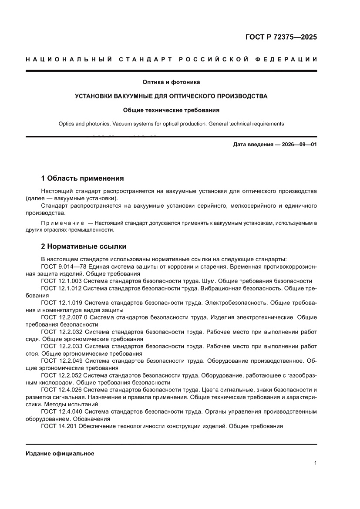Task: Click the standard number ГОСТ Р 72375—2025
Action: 280,37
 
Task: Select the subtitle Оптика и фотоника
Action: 171,81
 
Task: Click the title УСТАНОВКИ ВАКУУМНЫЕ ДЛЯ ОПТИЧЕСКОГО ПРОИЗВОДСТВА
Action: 171,96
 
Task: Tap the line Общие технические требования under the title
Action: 171,110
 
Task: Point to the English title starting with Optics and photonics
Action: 171,124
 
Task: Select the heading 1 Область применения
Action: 82,178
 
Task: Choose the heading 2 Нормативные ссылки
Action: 84,246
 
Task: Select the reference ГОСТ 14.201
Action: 58,426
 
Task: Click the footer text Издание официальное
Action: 60,453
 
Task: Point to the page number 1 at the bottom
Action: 315,463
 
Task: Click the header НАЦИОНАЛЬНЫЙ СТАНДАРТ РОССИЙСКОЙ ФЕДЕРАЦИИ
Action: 171,59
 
